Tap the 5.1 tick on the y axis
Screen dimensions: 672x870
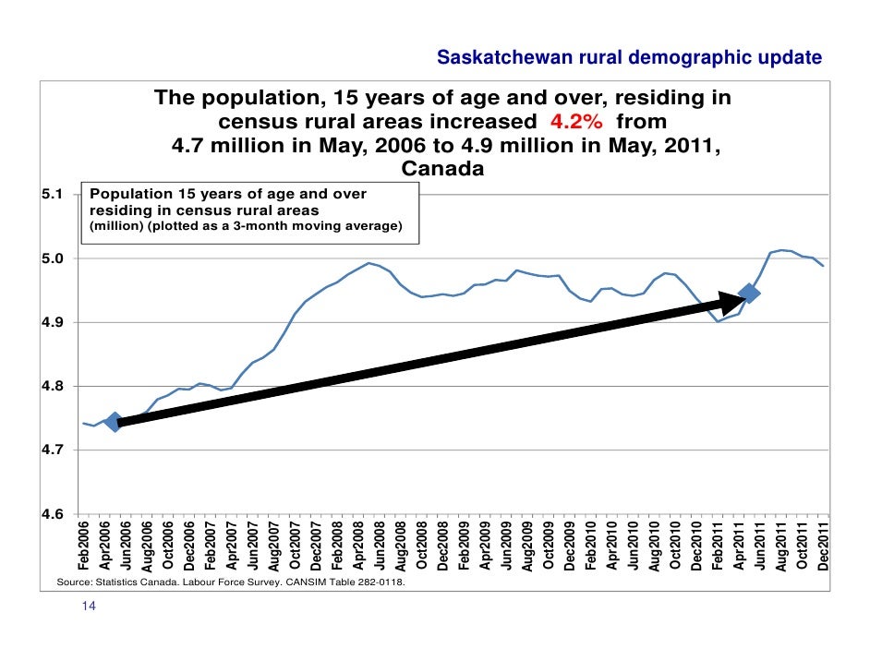(53, 195)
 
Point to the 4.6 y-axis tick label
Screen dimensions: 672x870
(53, 514)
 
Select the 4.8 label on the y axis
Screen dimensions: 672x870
(53, 387)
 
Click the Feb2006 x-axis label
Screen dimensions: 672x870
(85, 546)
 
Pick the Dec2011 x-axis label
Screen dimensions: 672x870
(822, 546)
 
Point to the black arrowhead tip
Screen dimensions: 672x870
(743, 296)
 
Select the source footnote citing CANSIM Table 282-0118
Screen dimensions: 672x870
(231, 583)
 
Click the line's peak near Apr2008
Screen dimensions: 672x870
(369, 263)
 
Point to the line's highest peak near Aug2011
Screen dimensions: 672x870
(781, 250)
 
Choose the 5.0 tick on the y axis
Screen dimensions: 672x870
(53, 258)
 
